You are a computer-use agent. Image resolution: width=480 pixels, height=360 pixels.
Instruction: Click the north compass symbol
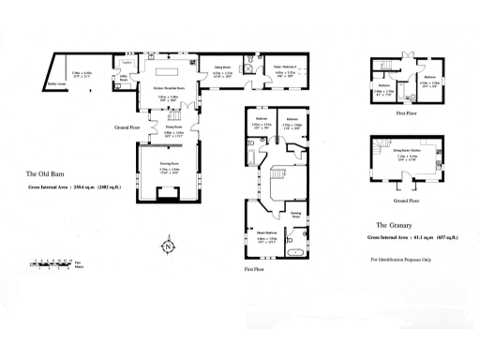(x=167, y=247)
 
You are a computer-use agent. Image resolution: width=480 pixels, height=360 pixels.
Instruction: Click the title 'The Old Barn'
(x=43, y=174)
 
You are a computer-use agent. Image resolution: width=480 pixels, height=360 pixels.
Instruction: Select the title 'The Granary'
(x=394, y=226)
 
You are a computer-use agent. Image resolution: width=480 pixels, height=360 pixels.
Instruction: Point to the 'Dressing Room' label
(x=295, y=214)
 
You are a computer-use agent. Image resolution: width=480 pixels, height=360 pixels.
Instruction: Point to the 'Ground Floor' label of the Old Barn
(x=126, y=127)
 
